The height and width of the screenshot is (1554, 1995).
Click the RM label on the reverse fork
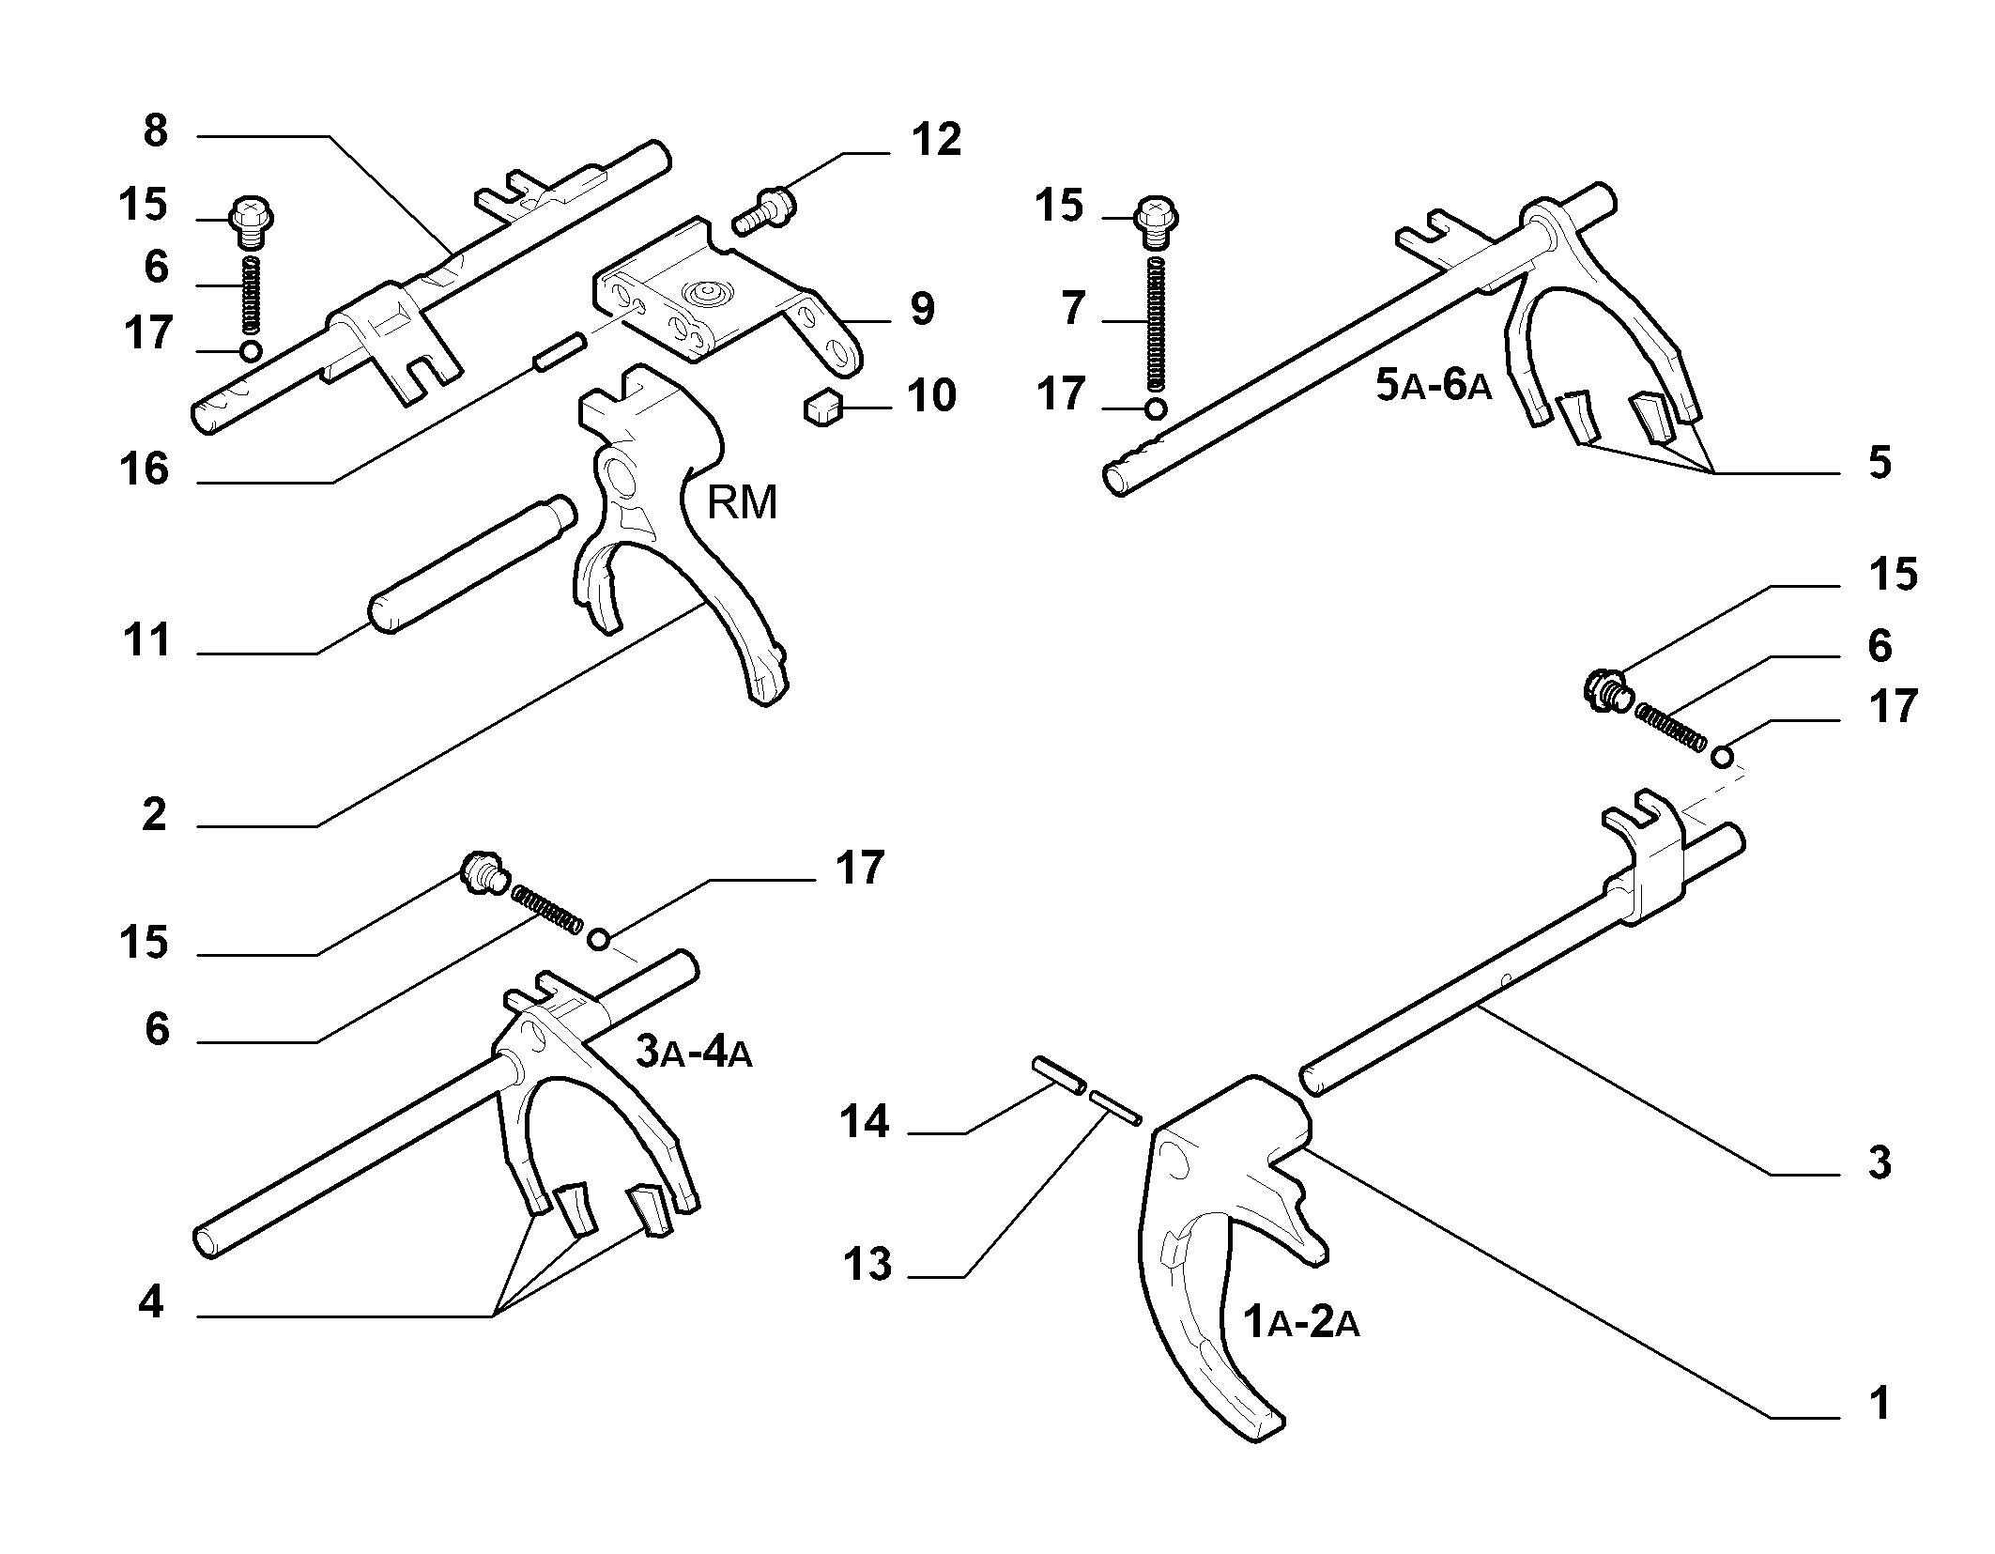point(742,503)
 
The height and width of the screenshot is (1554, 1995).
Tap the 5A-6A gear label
point(1434,385)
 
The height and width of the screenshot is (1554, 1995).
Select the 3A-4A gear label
point(694,1052)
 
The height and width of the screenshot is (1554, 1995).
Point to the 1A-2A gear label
point(1301,1322)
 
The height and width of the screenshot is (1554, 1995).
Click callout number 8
point(155,131)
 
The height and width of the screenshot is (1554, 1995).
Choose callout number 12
point(936,139)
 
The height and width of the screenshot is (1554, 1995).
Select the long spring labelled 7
point(1157,324)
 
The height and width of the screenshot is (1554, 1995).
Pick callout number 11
point(147,641)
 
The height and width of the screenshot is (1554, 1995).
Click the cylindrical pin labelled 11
point(472,563)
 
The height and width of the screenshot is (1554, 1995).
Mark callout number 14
point(864,1121)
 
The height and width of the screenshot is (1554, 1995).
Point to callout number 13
point(867,1264)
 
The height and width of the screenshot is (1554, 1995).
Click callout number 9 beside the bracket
point(922,309)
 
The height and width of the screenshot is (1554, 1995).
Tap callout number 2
point(155,814)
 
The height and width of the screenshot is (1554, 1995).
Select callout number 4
point(151,1303)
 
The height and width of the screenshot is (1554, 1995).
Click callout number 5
point(1879,463)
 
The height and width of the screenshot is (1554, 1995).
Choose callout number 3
point(1879,1162)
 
